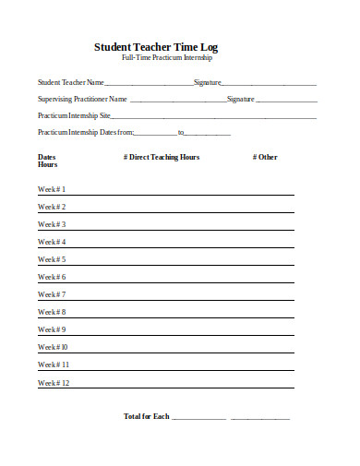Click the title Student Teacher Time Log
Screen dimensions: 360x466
click(156, 46)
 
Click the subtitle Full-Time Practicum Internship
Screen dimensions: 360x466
click(167, 58)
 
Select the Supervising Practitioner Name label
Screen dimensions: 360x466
click(82, 98)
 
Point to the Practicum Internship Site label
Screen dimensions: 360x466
click(74, 115)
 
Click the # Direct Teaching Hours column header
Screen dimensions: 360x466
click(161, 157)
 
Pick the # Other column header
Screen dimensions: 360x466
click(264, 157)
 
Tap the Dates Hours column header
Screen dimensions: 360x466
click(47, 161)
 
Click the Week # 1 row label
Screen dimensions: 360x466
click(52, 189)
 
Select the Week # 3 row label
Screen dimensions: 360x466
click(52, 224)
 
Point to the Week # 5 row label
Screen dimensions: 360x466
click(52, 259)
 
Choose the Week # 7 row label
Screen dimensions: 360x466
click(52, 294)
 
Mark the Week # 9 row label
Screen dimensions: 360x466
click(52, 329)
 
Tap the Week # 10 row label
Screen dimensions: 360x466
click(53, 347)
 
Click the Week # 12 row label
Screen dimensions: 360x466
click(54, 382)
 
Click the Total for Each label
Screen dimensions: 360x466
click(146, 416)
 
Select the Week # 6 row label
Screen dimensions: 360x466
click(52, 277)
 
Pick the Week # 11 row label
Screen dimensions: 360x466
click(54, 364)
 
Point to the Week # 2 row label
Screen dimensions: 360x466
click(52, 207)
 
